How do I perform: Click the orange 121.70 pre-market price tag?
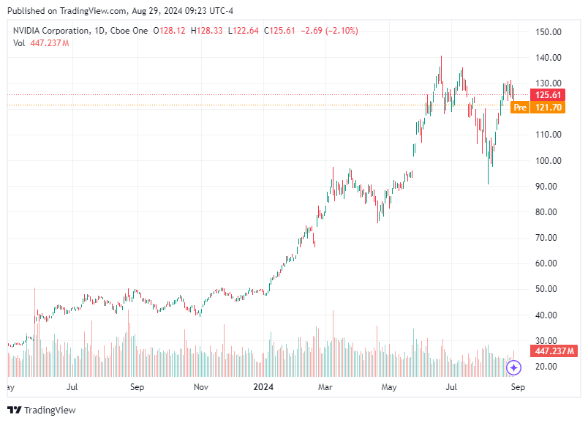(x=549, y=108)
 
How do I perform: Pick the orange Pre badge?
(x=520, y=108)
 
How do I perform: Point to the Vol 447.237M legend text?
(x=41, y=43)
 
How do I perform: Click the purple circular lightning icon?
(x=514, y=367)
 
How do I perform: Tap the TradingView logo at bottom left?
(x=42, y=410)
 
